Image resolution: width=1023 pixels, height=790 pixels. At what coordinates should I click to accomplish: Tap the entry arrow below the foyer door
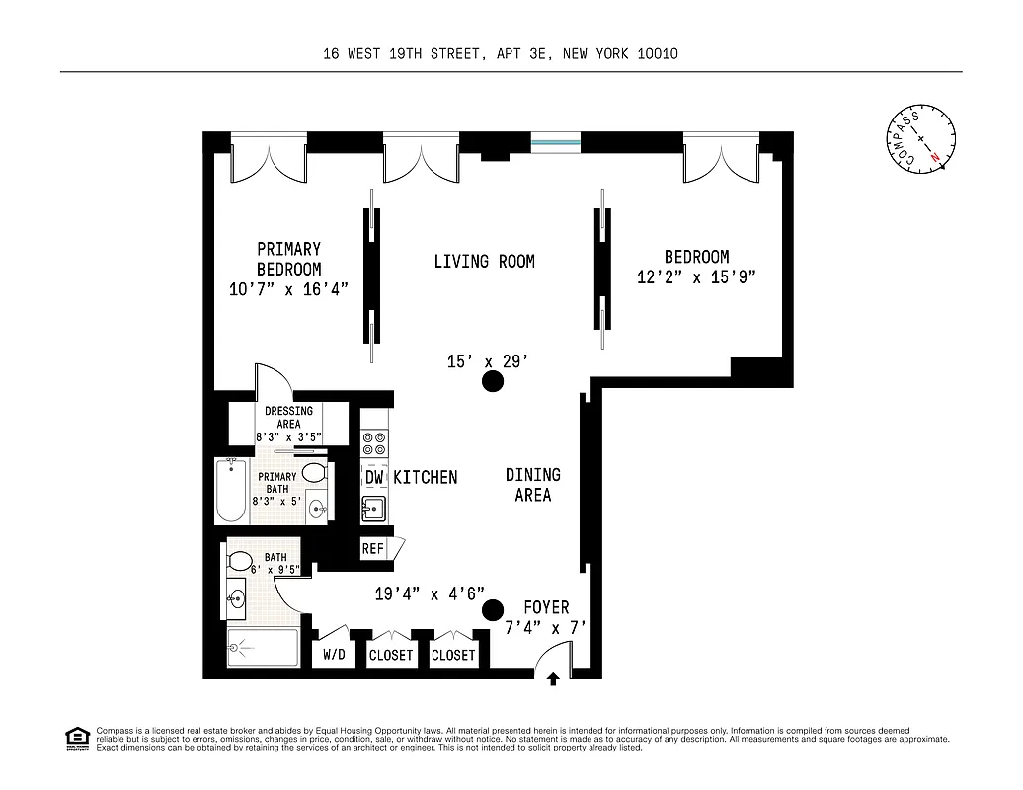(x=554, y=678)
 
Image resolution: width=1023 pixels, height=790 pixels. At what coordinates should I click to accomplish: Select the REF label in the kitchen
(x=373, y=549)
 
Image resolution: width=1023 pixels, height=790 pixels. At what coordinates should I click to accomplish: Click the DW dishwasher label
(x=374, y=478)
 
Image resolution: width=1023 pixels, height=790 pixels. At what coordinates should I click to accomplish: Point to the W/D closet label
(x=334, y=655)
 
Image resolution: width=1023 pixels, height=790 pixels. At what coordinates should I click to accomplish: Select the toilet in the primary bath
(x=314, y=472)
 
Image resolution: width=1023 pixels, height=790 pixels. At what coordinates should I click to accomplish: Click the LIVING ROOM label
(x=484, y=262)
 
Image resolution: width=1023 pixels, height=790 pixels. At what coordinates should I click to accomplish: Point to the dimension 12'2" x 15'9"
(x=696, y=278)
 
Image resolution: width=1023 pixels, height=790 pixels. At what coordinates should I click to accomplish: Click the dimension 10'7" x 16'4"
(x=288, y=289)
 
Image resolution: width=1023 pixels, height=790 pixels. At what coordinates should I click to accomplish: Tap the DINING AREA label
(x=532, y=485)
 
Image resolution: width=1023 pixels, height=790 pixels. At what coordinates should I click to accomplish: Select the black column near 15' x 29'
(x=491, y=383)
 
